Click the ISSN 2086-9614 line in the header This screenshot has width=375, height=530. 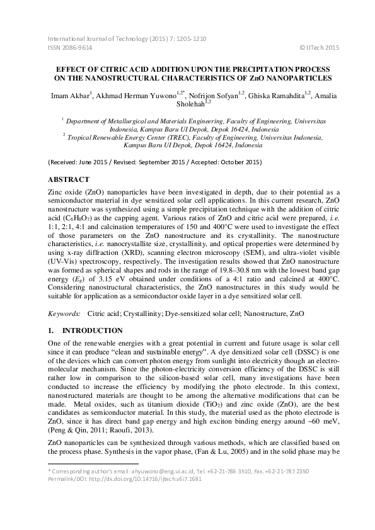[70, 47]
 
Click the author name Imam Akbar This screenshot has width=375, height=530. [70, 96]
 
